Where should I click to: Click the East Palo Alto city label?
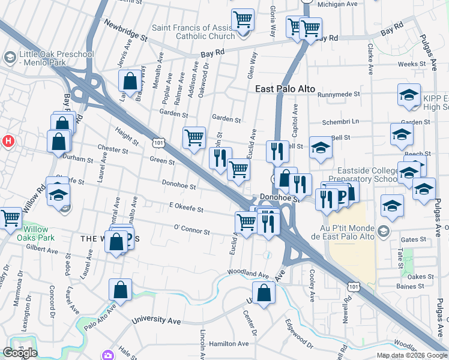coord(285,89)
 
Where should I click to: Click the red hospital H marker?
coord(8,142)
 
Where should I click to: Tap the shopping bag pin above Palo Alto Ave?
coord(120,290)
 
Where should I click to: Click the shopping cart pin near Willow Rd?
coord(10,218)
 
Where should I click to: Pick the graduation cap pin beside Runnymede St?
coord(409,95)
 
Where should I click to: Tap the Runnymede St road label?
coord(339,94)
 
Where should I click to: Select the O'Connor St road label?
coord(191,231)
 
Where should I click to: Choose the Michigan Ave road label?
coord(337,4)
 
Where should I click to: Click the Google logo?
coord(20,353)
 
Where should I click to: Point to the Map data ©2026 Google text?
coord(412,355)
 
